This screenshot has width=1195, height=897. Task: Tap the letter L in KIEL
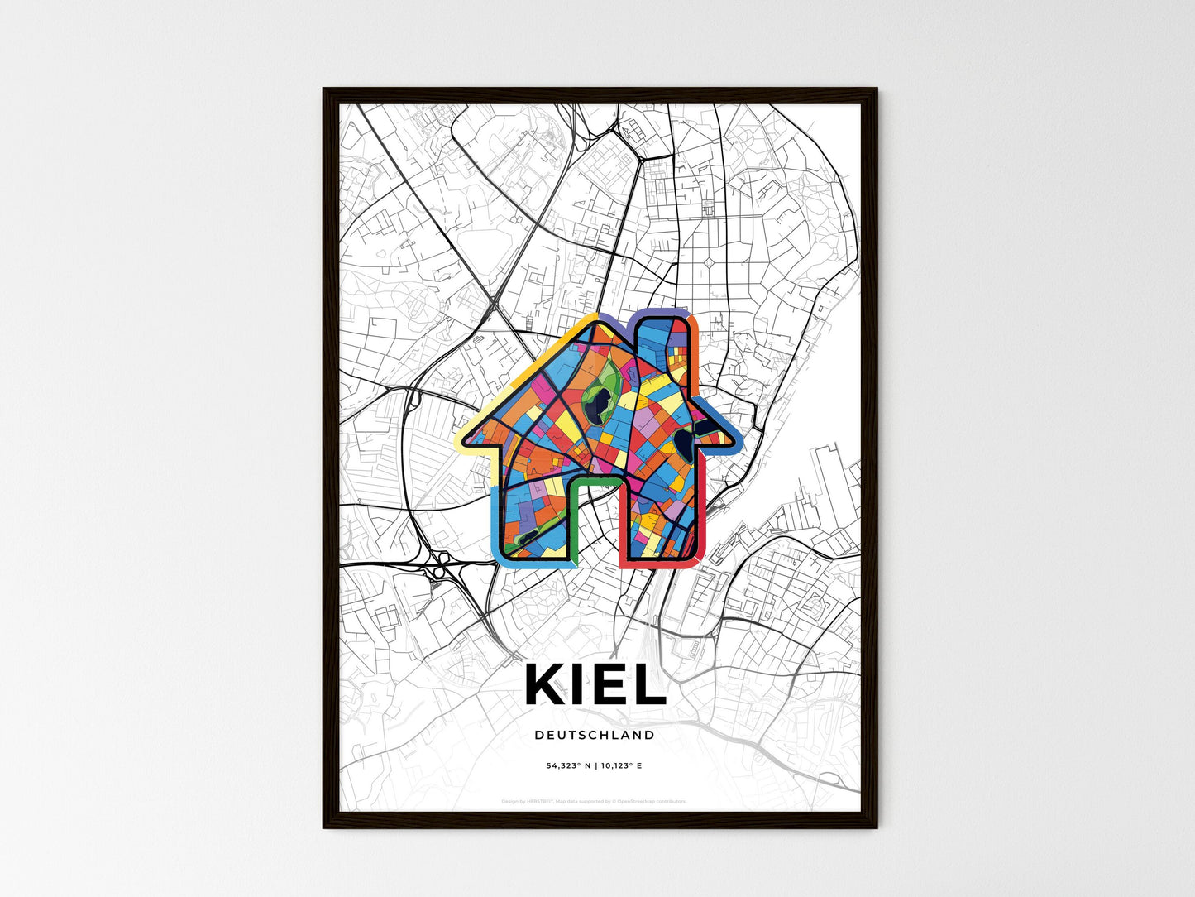click(649, 685)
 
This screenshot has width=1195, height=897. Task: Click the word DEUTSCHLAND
click(595, 735)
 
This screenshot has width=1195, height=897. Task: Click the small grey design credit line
click(594, 801)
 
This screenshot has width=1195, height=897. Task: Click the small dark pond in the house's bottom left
click(521, 540)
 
